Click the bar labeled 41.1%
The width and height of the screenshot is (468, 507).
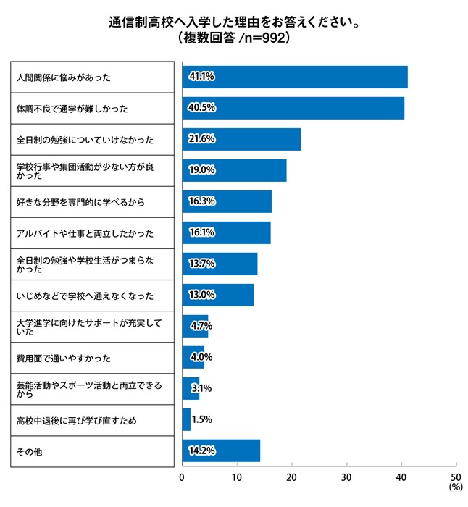(294, 77)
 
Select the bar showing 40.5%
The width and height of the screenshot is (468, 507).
(293, 108)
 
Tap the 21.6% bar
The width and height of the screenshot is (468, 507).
(241, 139)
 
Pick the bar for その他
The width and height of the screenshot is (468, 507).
(220, 451)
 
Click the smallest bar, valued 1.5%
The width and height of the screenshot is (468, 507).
(186, 419)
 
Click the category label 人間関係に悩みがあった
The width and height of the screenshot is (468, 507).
(63, 77)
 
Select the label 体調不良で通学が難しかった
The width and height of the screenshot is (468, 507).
(72, 108)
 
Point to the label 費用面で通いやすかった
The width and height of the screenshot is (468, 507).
(63, 357)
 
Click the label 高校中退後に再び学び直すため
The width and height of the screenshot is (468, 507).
(76, 419)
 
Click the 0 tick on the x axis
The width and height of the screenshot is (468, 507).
(182, 477)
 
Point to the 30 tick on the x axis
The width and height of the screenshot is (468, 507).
(346, 477)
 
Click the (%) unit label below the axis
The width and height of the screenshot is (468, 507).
(455, 488)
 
